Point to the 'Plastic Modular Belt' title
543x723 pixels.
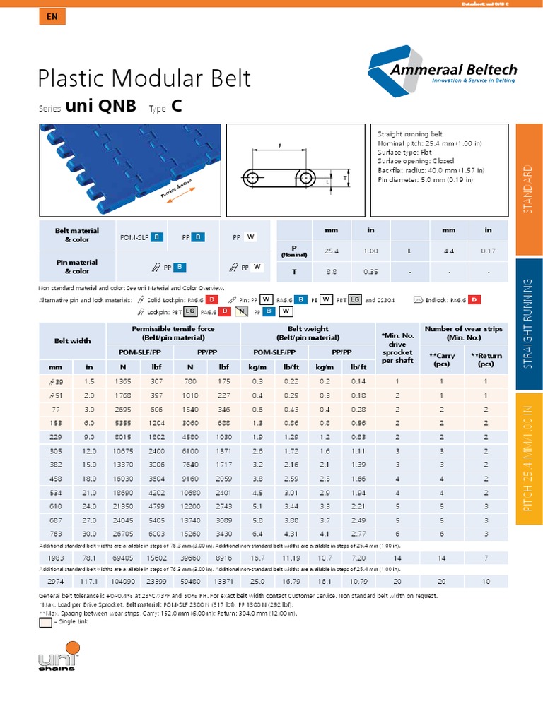pyautogui.click(x=144, y=78)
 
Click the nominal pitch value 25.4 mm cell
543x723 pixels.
pyautogui.click(x=331, y=251)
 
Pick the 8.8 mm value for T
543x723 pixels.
pyautogui.click(x=331, y=271)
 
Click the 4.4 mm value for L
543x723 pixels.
pyautogui.click(x=449, y=251)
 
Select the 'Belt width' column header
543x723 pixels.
pyautogui.click(x=73, y=340)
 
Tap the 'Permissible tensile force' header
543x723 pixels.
pyautogui.click(x=173, y=333)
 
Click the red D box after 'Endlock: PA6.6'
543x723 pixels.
pyautogui.click(x=474, y=300)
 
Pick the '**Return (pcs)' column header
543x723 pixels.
pyautogui.click(x=485, y=360)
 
